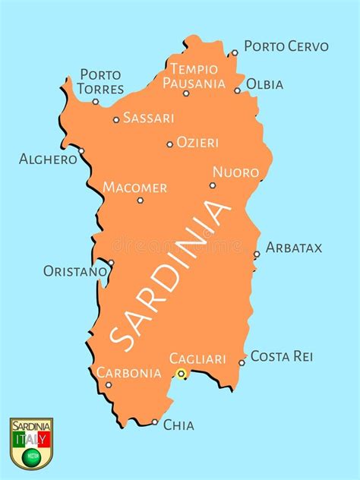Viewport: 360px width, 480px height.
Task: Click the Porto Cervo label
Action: pyautogui.click(x=286, y=46)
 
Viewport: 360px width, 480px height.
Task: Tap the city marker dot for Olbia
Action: pyautogui.click(x=237, y=90)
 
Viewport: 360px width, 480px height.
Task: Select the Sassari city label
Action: pyautogui.click(x=148, y=118)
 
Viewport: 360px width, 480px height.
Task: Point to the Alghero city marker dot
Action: pyautogui.click(x=81, y=150)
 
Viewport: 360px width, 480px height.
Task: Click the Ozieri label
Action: pyautogui.click(x=197, y=142)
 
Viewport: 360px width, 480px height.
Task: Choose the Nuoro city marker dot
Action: pyautogui.click(x=213, y=185)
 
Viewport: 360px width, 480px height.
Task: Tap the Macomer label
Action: pyautogui.click(x=134, y=187)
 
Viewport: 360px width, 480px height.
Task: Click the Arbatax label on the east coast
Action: pyautogui.click(x=294, y=248)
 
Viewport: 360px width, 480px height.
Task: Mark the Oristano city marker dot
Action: pyautogui.click(x=111, y=263)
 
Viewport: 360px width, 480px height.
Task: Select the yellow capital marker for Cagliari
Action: pyautogui.click(x=181, y=373)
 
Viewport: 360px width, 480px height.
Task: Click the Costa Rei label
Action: pyautogui.click(x=282, y=355)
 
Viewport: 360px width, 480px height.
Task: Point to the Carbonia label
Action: pyautogui.click(x=128, y=372)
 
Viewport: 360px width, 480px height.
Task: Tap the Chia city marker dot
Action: pyautogui.click(x=155, y=422)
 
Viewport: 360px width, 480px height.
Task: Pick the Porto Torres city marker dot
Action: pyautogui.click(x=96, y=101)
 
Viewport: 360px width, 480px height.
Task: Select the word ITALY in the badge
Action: pyautogui.click(x=31, y=440)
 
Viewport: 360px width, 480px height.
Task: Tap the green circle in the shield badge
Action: pyautogui.click(x=31, y=456)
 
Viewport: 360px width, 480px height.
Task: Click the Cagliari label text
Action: pyautogui.click(x=197, y=358)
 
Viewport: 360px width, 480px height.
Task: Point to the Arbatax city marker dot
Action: pyautogui.click(x=257, y=254)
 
